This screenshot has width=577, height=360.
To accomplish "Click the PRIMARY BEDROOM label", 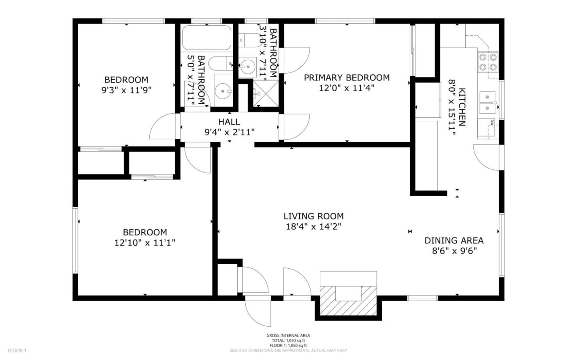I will (347, 77).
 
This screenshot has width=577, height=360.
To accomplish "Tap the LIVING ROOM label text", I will (313, 216).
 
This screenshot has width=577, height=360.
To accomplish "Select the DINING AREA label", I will (454, 240).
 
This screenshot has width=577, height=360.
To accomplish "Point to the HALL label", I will (229, 122).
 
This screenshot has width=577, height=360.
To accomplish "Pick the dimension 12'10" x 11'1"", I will (145, 243).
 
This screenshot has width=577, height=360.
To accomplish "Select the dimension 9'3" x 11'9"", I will (126, 90).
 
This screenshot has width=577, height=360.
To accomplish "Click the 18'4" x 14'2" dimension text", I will (313, 227).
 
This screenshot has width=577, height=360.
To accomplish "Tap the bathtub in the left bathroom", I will (206, 38).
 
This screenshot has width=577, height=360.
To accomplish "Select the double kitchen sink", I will (488, 103).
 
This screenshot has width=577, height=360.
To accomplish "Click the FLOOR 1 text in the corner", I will (17, 350).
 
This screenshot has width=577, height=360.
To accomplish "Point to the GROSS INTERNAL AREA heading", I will (288, 336).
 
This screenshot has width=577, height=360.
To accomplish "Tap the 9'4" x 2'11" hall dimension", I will (229, 132).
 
